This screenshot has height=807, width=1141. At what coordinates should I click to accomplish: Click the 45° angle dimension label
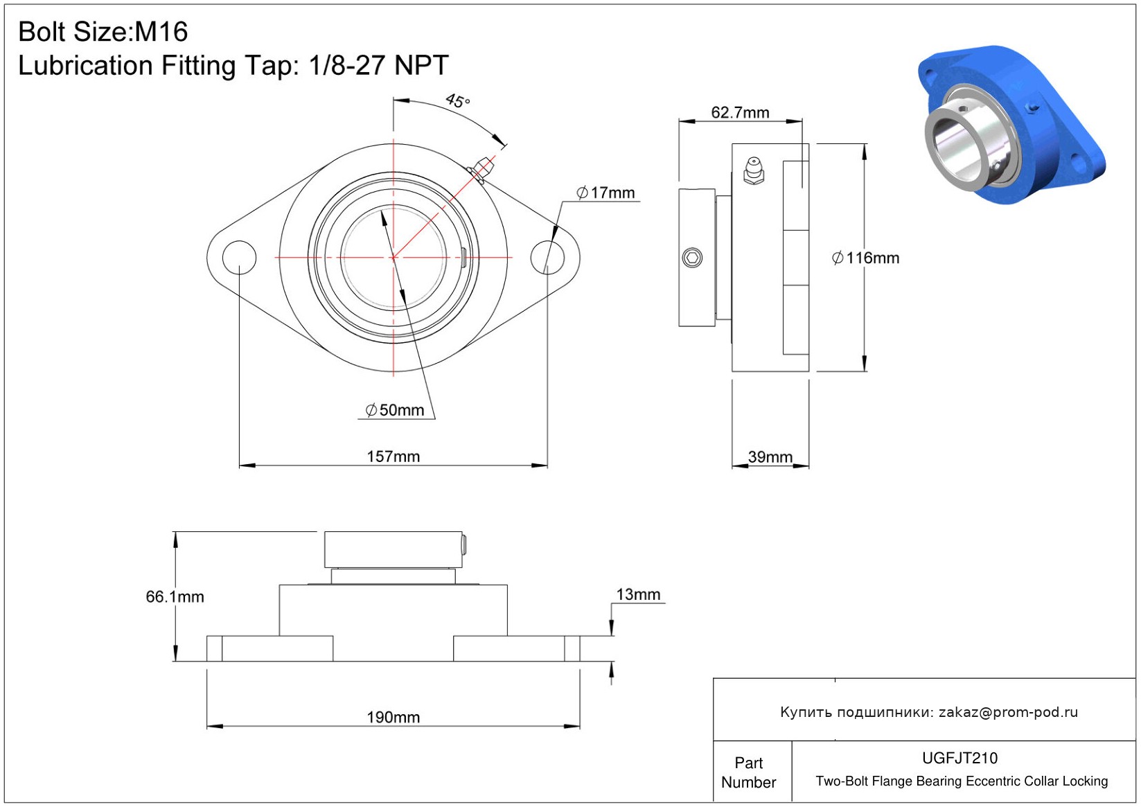(x=457, y=100)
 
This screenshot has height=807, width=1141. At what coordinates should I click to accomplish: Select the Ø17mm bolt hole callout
(x=605, y=193)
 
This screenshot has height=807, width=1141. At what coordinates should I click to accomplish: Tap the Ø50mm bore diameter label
(x=395, y=409)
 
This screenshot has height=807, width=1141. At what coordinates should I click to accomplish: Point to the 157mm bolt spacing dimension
(x=393, y=456)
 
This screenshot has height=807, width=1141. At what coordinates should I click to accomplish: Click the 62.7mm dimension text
(x=740, y=113)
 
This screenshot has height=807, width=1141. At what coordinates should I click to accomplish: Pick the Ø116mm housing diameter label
(x=865, y=258)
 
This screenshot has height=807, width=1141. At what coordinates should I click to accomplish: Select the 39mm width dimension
(x=770, y=457)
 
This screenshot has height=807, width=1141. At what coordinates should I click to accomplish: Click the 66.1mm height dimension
(x=175, y=596)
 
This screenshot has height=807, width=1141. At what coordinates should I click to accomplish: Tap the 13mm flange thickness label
(x=638, y=594)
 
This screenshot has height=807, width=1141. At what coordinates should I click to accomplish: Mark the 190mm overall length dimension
(x=393, y=718)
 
